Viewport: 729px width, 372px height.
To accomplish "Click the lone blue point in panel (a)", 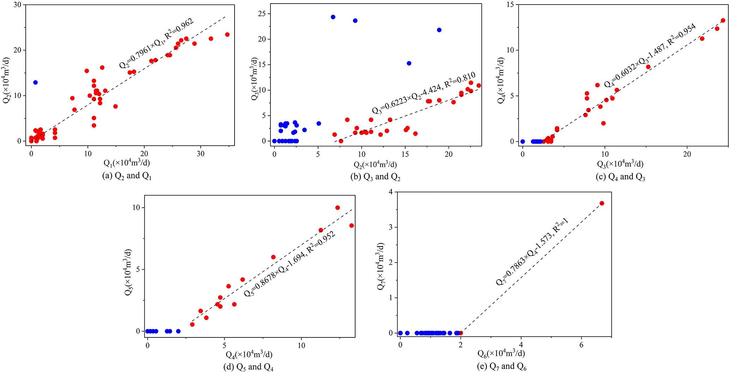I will (35, 83).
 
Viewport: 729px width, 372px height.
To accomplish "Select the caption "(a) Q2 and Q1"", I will (127, 176).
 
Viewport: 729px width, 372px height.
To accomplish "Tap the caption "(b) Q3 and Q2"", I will (375, 177).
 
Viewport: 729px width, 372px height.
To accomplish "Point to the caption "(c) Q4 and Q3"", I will (620, 177).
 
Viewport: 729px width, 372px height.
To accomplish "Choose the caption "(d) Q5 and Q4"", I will (249, 367).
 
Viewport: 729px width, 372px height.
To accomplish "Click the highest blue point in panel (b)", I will (333, 17).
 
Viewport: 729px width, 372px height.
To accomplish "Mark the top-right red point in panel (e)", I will (602, 203).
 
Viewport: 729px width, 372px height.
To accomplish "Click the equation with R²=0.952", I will (290, 264).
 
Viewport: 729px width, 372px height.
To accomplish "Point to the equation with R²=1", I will (532, 252).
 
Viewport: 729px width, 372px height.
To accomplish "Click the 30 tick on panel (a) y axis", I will (17, 5).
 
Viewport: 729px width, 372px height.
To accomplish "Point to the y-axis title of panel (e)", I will (381, 266).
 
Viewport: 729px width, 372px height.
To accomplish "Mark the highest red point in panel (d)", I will (338, 208).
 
